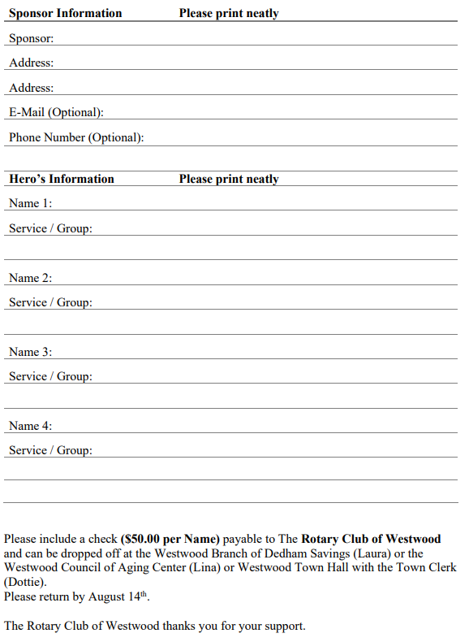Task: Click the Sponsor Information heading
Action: [65, 13]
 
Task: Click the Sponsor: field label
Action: [31, 38]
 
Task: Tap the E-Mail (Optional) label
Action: [56, 112]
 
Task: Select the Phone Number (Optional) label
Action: [76, 137]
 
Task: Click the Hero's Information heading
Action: [62, 179]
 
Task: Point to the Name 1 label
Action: [30, 203]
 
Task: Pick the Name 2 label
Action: [30, 278]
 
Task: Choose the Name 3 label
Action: [30, 352]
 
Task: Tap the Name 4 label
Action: [30, 426]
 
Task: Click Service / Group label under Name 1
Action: [50, 228]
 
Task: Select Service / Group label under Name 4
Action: [50, 450]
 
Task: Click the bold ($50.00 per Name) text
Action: [170, 539]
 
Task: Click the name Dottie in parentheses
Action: [24, 582]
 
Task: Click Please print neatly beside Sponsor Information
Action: [228, 13]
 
